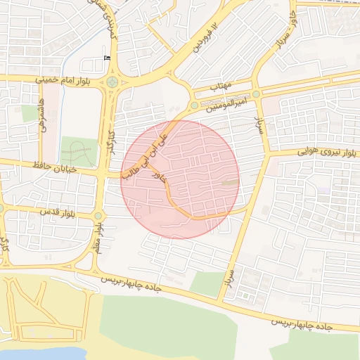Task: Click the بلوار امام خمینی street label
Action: (67, 81)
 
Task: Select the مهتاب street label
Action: (221, 86)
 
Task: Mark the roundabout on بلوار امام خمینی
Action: (112, 82)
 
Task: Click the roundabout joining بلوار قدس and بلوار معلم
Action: (98, 216)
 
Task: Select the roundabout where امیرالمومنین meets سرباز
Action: (257, 94)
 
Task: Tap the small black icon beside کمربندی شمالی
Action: (107, 58)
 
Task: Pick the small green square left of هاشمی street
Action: (29, 113)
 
